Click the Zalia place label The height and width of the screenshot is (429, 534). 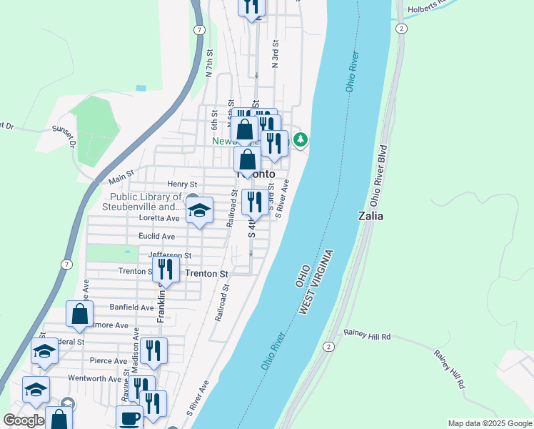(374, 215)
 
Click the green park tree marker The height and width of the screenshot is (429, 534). (301, 138)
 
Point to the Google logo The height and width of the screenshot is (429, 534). (24, 420)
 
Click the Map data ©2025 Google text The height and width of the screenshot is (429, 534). (489, 423)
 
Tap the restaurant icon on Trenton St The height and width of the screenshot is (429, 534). (166, 270)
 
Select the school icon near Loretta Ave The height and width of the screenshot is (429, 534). (199, 210)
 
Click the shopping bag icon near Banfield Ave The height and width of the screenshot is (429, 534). (79, 313)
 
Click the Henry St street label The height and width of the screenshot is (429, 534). (181, 184)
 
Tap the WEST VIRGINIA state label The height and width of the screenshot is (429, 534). (316, 282)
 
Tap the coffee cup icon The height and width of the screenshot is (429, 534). (129, 418)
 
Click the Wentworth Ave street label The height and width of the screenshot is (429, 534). (95, 378)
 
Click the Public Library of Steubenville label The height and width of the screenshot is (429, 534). (146, 202)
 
